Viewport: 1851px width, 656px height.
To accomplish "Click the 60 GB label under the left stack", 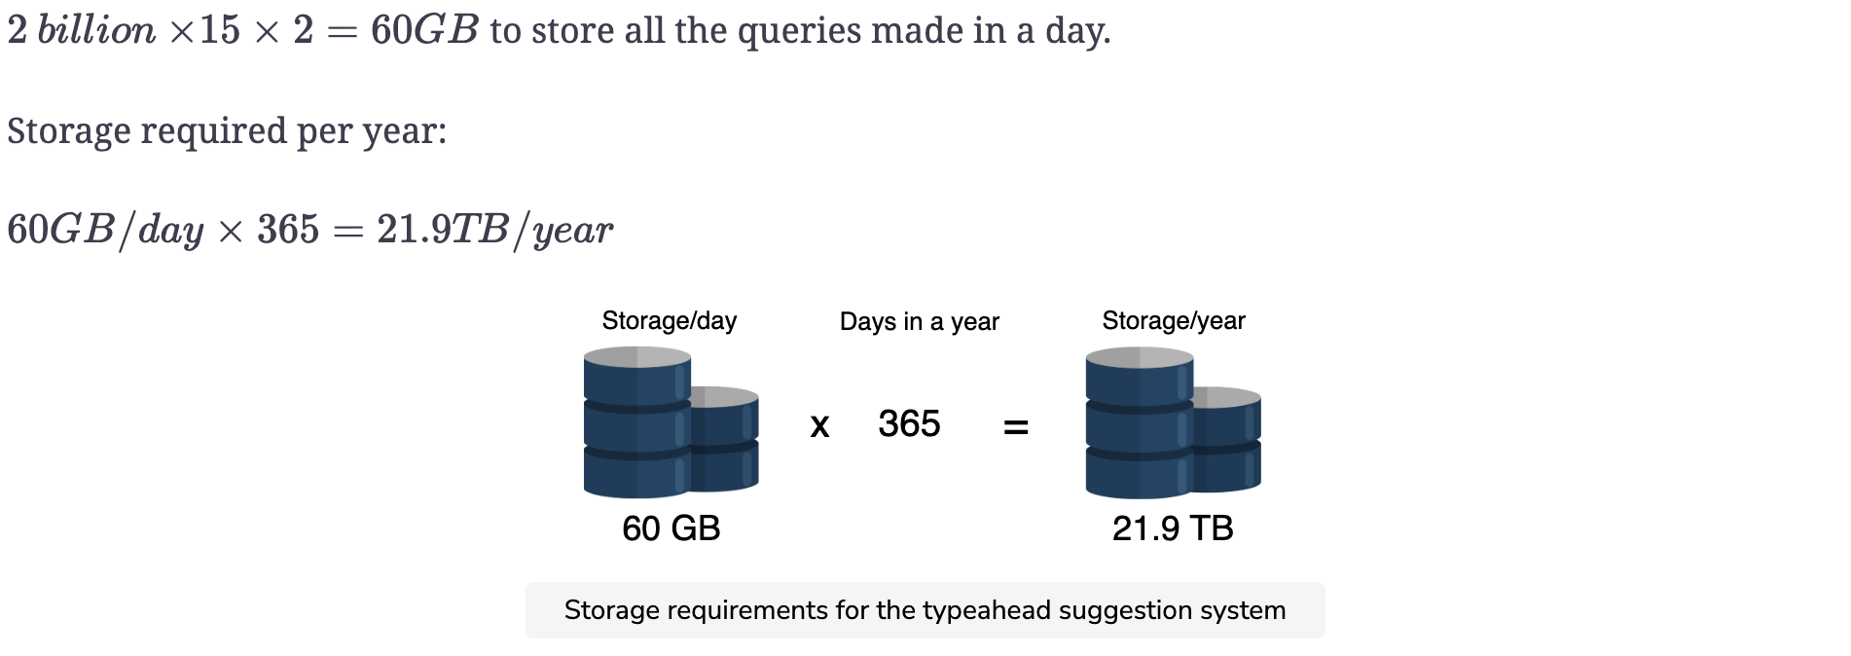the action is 671,528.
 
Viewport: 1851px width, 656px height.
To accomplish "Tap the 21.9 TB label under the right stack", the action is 1173,528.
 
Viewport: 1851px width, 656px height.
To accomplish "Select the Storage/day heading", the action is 670,321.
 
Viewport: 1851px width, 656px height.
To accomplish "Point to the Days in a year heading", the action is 920,322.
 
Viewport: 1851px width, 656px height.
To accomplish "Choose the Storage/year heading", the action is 1174,321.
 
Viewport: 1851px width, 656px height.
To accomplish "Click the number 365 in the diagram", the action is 909,423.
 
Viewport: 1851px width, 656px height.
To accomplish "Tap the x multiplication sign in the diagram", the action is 819,425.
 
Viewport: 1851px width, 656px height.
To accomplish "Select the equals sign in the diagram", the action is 1016,426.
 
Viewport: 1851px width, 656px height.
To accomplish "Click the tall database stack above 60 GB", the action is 637,422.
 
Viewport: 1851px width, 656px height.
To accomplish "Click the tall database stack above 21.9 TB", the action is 1140,422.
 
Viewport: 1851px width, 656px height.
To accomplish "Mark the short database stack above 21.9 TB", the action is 1227,438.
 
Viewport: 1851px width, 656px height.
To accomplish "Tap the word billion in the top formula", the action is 96,30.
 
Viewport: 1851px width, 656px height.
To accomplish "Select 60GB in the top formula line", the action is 424,30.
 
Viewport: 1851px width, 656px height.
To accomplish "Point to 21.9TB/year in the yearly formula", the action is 495,230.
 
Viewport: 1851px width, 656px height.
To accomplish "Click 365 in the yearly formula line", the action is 288,230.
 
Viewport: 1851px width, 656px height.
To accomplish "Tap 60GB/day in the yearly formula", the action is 105,230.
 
